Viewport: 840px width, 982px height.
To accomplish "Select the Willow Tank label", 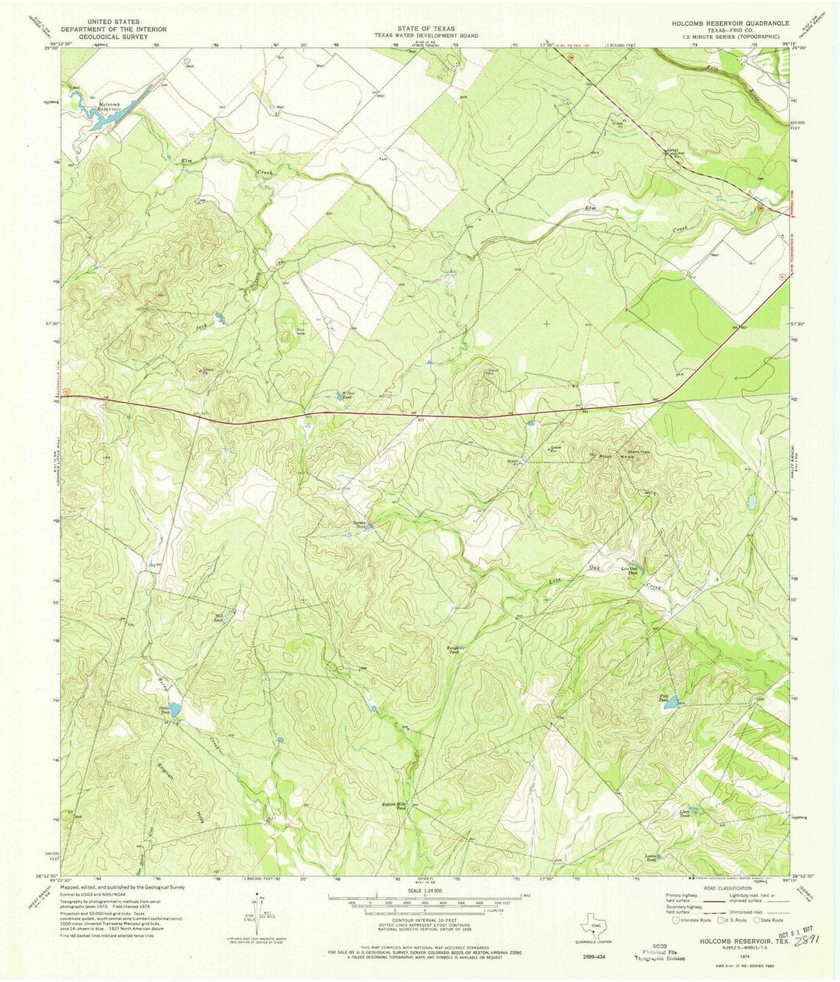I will pos(348,394).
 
